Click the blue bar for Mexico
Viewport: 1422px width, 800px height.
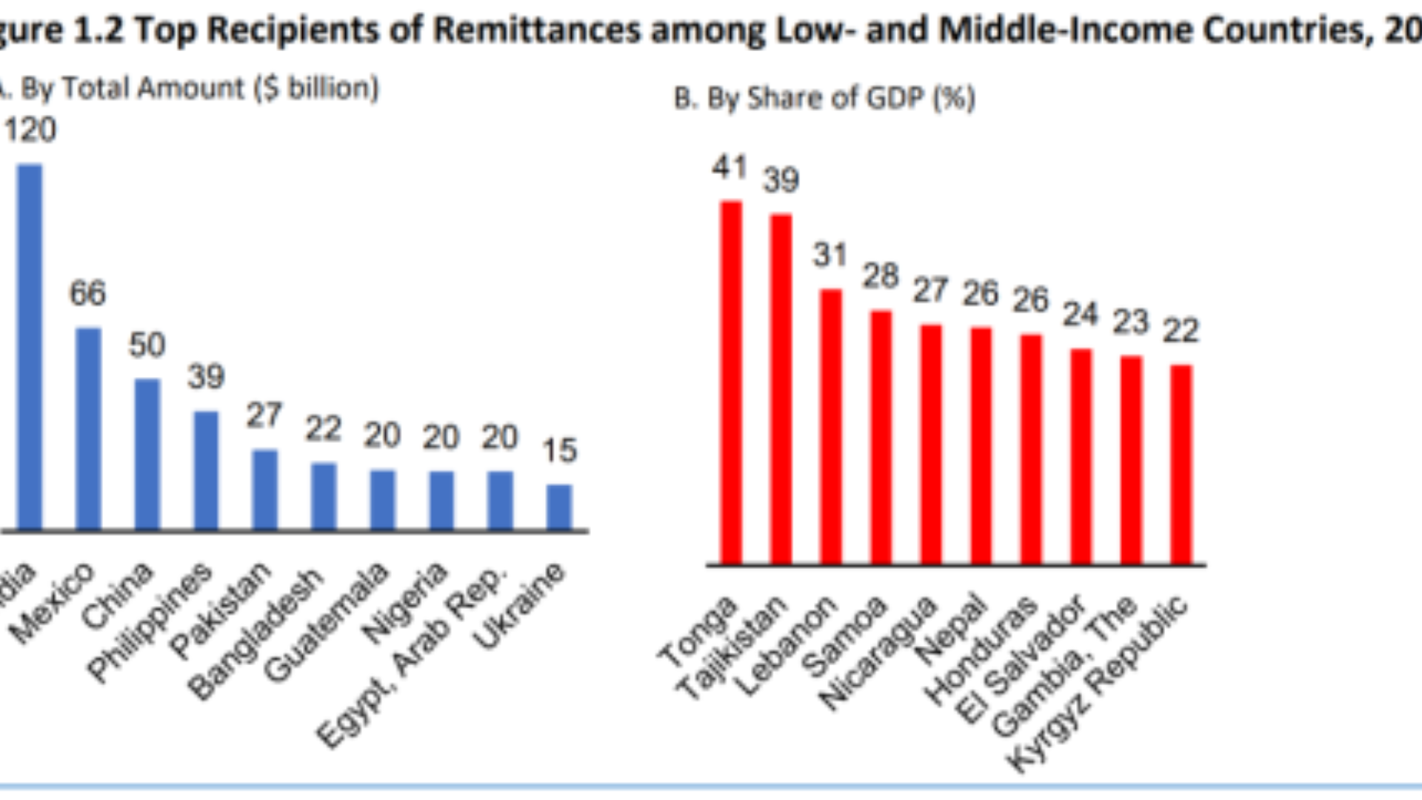89,430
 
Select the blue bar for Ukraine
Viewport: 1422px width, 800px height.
559,507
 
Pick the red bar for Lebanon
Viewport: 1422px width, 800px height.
831,427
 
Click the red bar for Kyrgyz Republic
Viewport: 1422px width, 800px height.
1181,464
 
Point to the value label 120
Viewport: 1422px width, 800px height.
30,130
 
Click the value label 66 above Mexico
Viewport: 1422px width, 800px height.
87,293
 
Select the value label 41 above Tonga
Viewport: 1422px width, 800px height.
730,167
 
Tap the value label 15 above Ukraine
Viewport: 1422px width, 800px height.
559,450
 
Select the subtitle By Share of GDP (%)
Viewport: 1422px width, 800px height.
824,99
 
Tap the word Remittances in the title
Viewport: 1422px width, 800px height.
536,30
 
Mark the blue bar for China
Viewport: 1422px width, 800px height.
147,455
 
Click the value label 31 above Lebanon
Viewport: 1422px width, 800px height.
829,256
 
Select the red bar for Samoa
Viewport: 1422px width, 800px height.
881,438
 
